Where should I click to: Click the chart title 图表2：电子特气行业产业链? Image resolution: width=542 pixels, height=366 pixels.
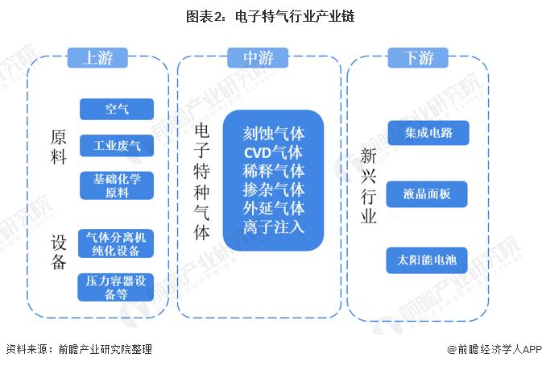[x=271, y=15]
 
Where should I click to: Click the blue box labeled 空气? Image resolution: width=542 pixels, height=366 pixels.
[x=116, y=109]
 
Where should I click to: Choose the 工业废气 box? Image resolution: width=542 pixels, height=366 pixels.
[x=116, y=146]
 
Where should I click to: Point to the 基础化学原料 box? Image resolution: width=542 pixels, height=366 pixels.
[x=116, y=185]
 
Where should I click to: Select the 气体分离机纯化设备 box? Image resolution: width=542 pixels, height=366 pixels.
[x=116, y=244]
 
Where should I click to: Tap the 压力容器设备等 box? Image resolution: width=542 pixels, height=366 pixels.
[x=116, y=288]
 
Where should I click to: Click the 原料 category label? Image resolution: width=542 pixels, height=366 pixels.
[x=58, y=146]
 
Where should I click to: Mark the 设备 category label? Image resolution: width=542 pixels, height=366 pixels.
[x=58, y=252]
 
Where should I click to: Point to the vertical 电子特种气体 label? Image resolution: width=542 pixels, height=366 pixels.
[x=202, y=183]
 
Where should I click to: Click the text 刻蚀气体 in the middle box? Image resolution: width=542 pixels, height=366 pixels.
[x=273, y=133]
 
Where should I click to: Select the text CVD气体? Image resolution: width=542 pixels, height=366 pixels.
[x=273, y=152]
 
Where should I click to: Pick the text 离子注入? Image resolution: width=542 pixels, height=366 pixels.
[x=273, y=227]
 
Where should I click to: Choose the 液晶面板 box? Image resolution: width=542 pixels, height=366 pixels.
[x=428, y=194]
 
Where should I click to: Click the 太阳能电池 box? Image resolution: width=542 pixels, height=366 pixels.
[x=428, y=260]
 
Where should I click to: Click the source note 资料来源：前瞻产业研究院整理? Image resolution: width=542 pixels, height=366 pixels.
[x=78, y=350]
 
